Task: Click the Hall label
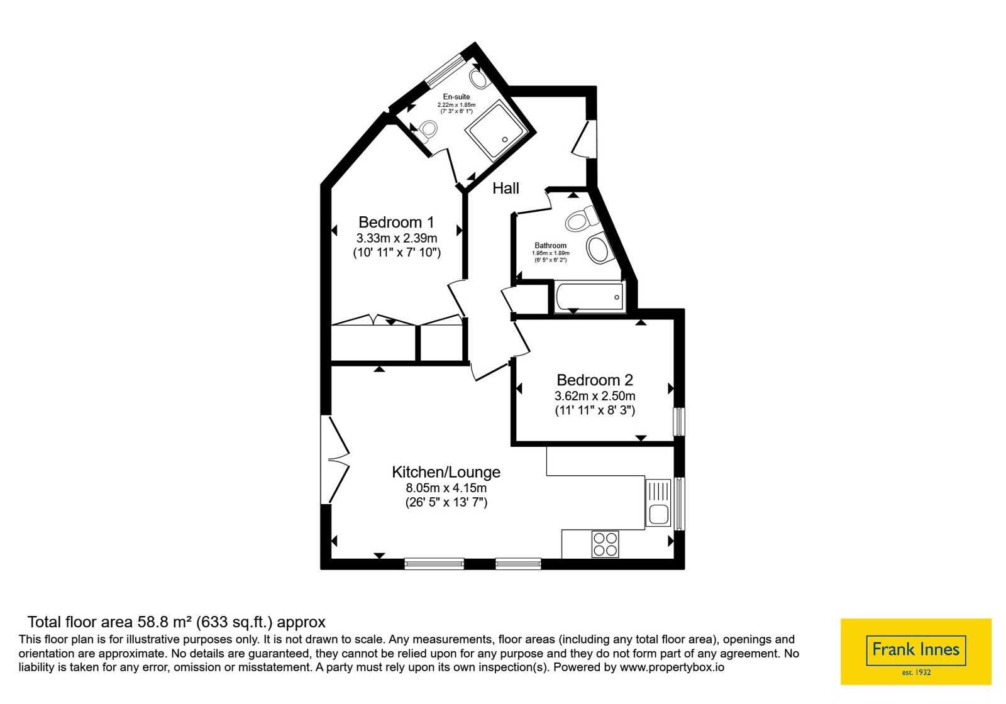pos(506,188)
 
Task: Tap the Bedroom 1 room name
pos(397,222)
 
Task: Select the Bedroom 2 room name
pos(595,380)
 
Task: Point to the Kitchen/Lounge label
pos(446,472)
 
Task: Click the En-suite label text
pos(456,97)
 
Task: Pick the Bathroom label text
pos(550,246)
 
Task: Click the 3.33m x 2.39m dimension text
pos(397,238)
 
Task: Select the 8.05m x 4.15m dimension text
pos(446,488)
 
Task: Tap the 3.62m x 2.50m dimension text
pos(595,396)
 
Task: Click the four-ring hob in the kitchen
pos(605,544)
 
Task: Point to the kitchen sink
pos(658,503)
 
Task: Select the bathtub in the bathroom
pos(590,297)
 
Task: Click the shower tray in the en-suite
pos(497,130)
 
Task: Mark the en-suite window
pos(445,70)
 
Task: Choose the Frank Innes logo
pos(916,652)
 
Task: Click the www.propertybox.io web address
pos(672,667)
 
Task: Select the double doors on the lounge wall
pos(335,459)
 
